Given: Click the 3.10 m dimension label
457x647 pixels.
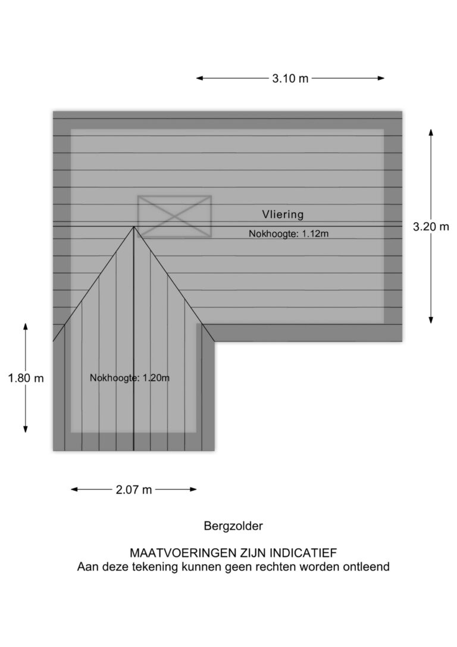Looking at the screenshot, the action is [290, 78].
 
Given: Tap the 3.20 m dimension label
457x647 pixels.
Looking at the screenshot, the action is [431, 226].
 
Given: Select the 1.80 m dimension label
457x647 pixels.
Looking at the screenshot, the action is [26, 378].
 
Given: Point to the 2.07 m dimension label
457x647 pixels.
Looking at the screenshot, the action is [134, 490].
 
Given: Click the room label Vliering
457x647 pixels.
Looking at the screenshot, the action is [283, 214].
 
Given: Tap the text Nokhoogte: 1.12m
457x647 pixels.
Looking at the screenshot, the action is [289, 234].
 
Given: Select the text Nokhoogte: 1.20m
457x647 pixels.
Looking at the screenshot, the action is [130, 378].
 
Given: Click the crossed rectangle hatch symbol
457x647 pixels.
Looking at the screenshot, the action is [174, 216].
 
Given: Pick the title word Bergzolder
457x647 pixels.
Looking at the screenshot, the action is [233, 526].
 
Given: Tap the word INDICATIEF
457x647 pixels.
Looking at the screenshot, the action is [303, 552].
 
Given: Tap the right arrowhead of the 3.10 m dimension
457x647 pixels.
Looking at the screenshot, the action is [381, 78].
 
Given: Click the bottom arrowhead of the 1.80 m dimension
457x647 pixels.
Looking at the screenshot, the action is [26, 429].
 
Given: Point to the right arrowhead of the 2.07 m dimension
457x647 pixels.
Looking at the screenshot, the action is [193, 490].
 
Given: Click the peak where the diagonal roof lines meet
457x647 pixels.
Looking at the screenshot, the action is [133, 226].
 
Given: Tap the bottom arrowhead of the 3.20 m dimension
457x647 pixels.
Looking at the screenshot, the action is [431, 320].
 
